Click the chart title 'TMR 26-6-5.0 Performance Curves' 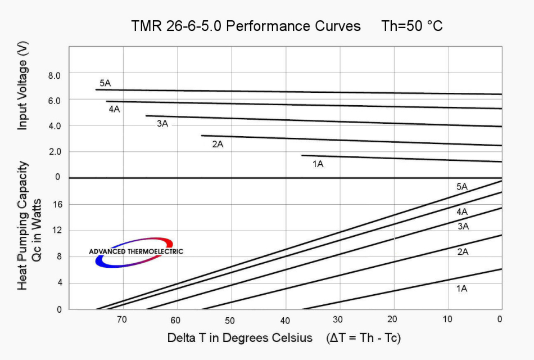(x=246, y=26)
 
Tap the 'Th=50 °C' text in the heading (x=412, y=26)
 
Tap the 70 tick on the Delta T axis (x=121, y=320)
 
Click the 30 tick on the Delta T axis (x=337, y=320)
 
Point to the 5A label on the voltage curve (x=105, y=83)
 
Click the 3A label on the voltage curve (x=162, y=124)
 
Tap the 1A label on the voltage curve (x=318, y=164)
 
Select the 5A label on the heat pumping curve (x=462, y=187)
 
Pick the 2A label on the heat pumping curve (x=463, y=252)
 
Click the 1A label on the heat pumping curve (x=462, y=289)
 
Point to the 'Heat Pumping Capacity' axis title (x=22, y=226)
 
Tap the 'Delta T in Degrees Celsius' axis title (x=240, y=338)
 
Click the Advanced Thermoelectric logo (x=135, y=251)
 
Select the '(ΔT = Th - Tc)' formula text (x=363, y=338)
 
